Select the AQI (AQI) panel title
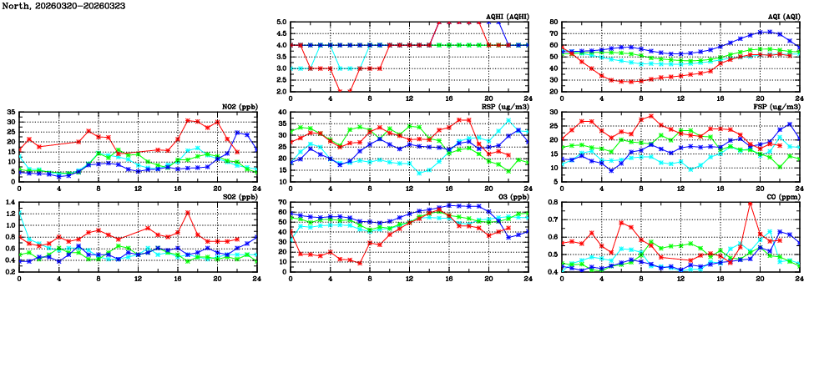coord(781,16)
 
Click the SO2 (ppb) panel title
coord(240,196)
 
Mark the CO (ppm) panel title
coord(783,196)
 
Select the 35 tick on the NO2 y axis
coord(10,112)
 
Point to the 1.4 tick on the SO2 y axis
coord(10,202)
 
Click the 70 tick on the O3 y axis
coord(283,202)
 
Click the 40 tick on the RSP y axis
coord(283,112)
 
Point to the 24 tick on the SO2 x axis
coord(256,279)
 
